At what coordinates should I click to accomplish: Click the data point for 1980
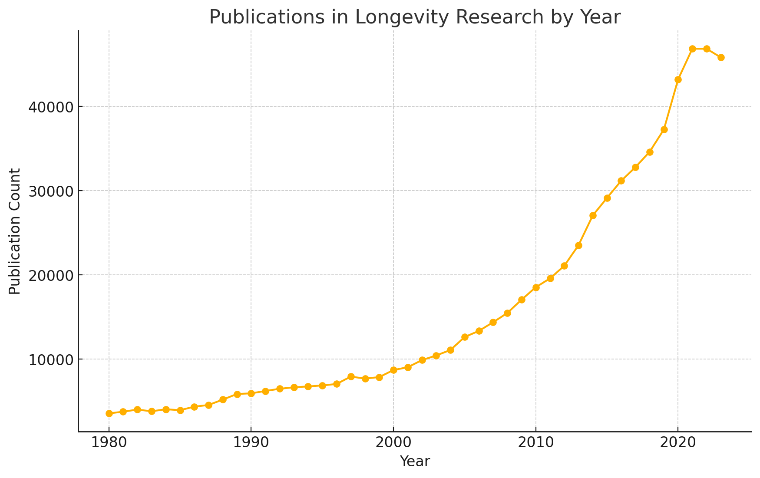coord(109,413)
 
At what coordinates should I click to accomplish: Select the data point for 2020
coord(678,79)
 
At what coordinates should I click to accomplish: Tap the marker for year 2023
coord(721,57)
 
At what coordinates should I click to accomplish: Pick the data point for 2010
coord(536,287)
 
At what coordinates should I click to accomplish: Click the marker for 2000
coord(393,370)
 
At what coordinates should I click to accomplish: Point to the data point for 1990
coord(251,393)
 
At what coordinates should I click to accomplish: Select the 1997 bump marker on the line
coord(351,376)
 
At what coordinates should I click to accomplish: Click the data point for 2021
coord(692,49)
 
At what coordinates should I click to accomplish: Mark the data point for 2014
coord(593,215)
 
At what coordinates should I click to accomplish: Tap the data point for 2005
coord(465,337)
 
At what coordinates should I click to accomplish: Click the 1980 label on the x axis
coord(109,444)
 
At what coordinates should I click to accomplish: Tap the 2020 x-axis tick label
coord(678,444)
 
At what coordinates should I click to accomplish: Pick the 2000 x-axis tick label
coord(393,444)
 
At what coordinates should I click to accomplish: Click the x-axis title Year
coord(415,462)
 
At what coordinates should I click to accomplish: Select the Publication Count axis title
coord(15,231)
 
